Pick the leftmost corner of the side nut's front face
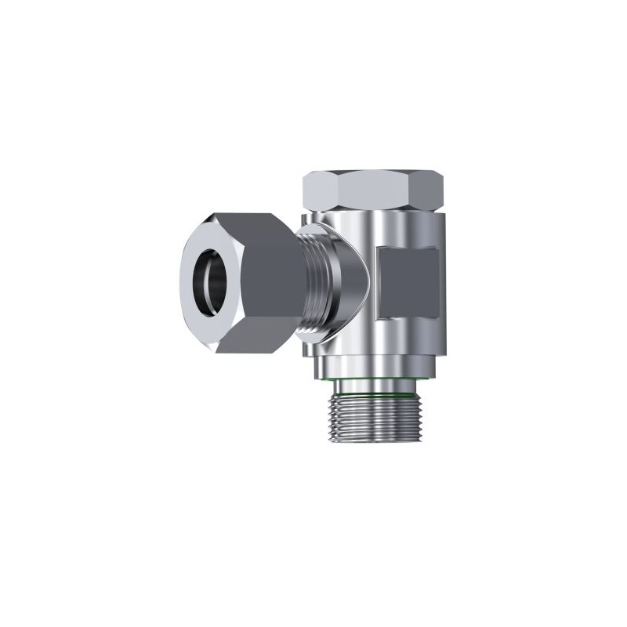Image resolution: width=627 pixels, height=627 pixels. (x=180, y=274)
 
